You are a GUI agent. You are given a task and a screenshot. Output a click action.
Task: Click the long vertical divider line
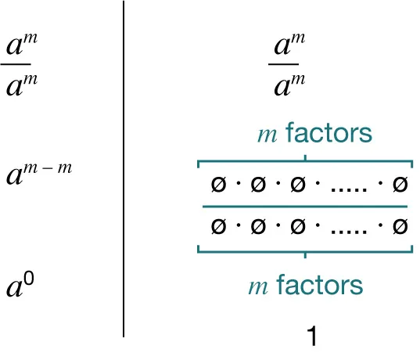point(124,168)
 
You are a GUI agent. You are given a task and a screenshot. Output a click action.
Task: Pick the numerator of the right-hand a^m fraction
point(288,45)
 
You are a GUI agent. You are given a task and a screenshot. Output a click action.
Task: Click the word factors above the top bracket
point(328,134)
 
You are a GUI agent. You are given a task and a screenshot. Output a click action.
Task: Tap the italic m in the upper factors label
point(267,135)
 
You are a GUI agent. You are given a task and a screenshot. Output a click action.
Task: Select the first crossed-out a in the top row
point(218,185)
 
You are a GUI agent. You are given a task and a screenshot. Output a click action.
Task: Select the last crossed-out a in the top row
point(399,185)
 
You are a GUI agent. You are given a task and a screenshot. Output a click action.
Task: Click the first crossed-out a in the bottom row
point(218,227)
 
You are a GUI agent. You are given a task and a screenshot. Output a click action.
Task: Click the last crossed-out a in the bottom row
point(399,227)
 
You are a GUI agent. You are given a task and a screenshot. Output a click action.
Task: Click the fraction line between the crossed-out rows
point(305,207)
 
